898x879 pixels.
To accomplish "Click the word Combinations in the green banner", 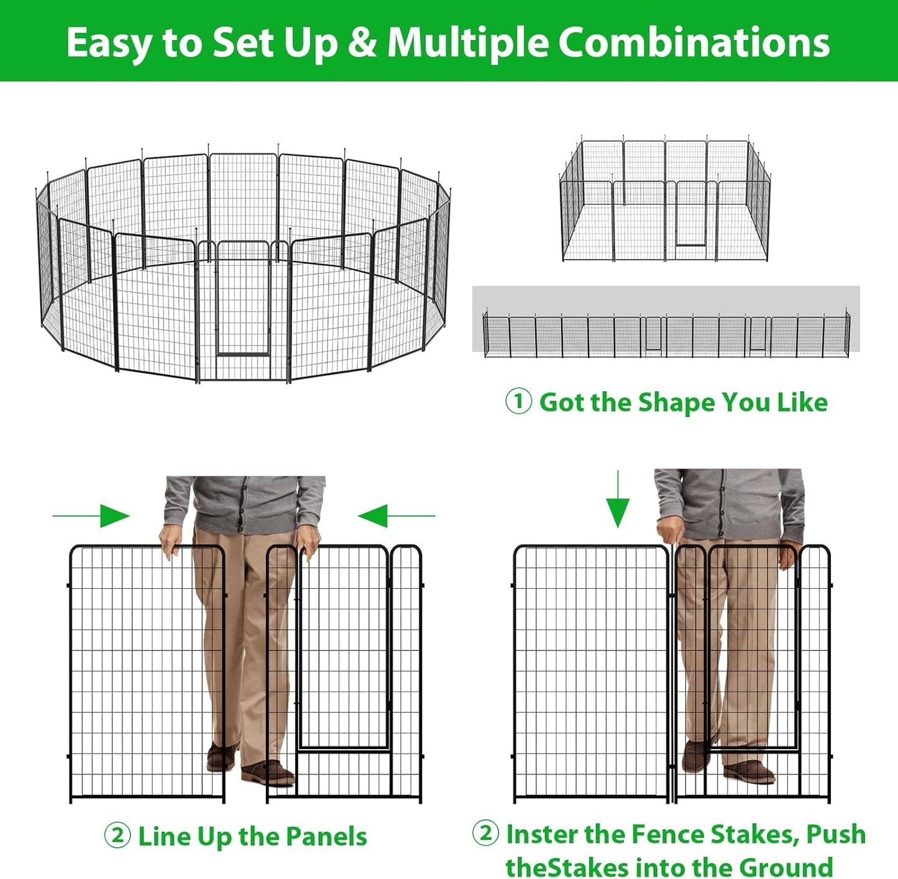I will pos(694,43).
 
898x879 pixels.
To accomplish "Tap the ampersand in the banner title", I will pos(362,43).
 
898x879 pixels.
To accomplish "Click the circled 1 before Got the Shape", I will pos(518,401).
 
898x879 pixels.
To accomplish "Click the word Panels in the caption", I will pos(326,836).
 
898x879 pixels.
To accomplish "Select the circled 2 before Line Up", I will pos(117,836).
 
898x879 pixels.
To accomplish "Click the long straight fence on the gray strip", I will pos(665,335).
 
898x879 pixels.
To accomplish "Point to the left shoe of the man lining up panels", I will pos(221,757).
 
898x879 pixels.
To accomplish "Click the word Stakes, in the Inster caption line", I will pos(754,834).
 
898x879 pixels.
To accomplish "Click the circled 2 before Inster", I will pos(485,833).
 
